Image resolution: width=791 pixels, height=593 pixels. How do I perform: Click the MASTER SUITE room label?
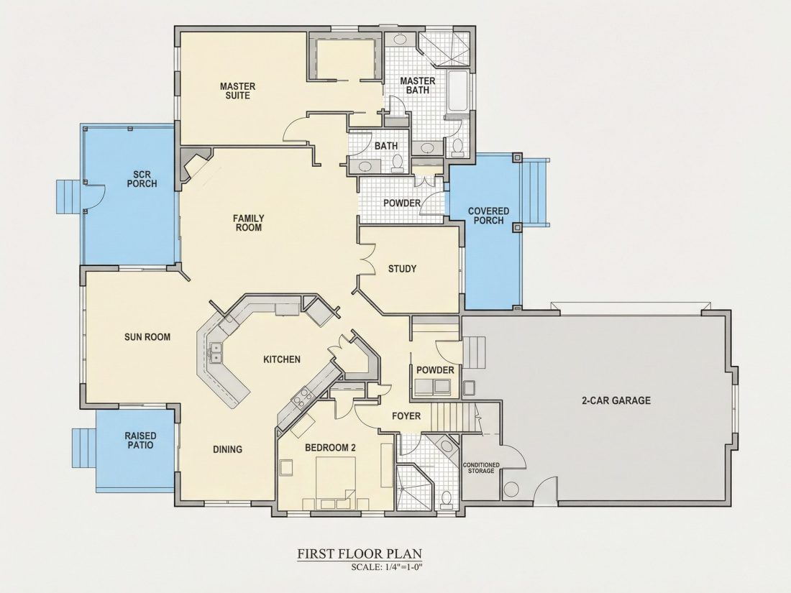click(x=237, y=91)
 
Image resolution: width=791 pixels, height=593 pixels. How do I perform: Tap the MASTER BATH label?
click(x=418, y=86)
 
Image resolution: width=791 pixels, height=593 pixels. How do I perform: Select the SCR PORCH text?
click(x=142, y=179)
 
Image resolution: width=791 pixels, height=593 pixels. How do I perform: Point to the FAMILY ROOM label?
click(x=249, y=223)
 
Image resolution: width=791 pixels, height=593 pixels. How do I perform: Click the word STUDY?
click(x=402, y=269)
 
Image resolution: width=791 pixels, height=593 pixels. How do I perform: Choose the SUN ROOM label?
click(x=147, y=337)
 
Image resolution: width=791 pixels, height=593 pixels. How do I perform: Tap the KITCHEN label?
click(x=282, y=359)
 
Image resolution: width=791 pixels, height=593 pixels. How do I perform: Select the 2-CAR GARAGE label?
click(x=616, y=400)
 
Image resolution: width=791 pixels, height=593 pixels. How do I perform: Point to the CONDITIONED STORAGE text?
click(x=481, y=467)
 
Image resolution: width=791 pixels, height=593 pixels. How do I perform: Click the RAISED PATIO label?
click(x=140, y=440)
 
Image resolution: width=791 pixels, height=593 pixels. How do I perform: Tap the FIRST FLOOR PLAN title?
click(x=359, y=553)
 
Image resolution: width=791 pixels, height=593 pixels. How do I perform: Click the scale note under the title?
click(x=386, y=567)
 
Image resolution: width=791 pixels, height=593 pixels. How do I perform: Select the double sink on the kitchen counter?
click(x=216, y=352)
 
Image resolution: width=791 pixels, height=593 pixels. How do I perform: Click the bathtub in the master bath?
click(x=459, y=91)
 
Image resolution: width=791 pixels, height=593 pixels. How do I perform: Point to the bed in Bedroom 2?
click(x=336, y=478)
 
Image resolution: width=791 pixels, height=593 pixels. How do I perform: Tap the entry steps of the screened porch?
click(x=68, y=197)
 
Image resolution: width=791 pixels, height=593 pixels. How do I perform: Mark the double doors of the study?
click(x=367, y=259)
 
